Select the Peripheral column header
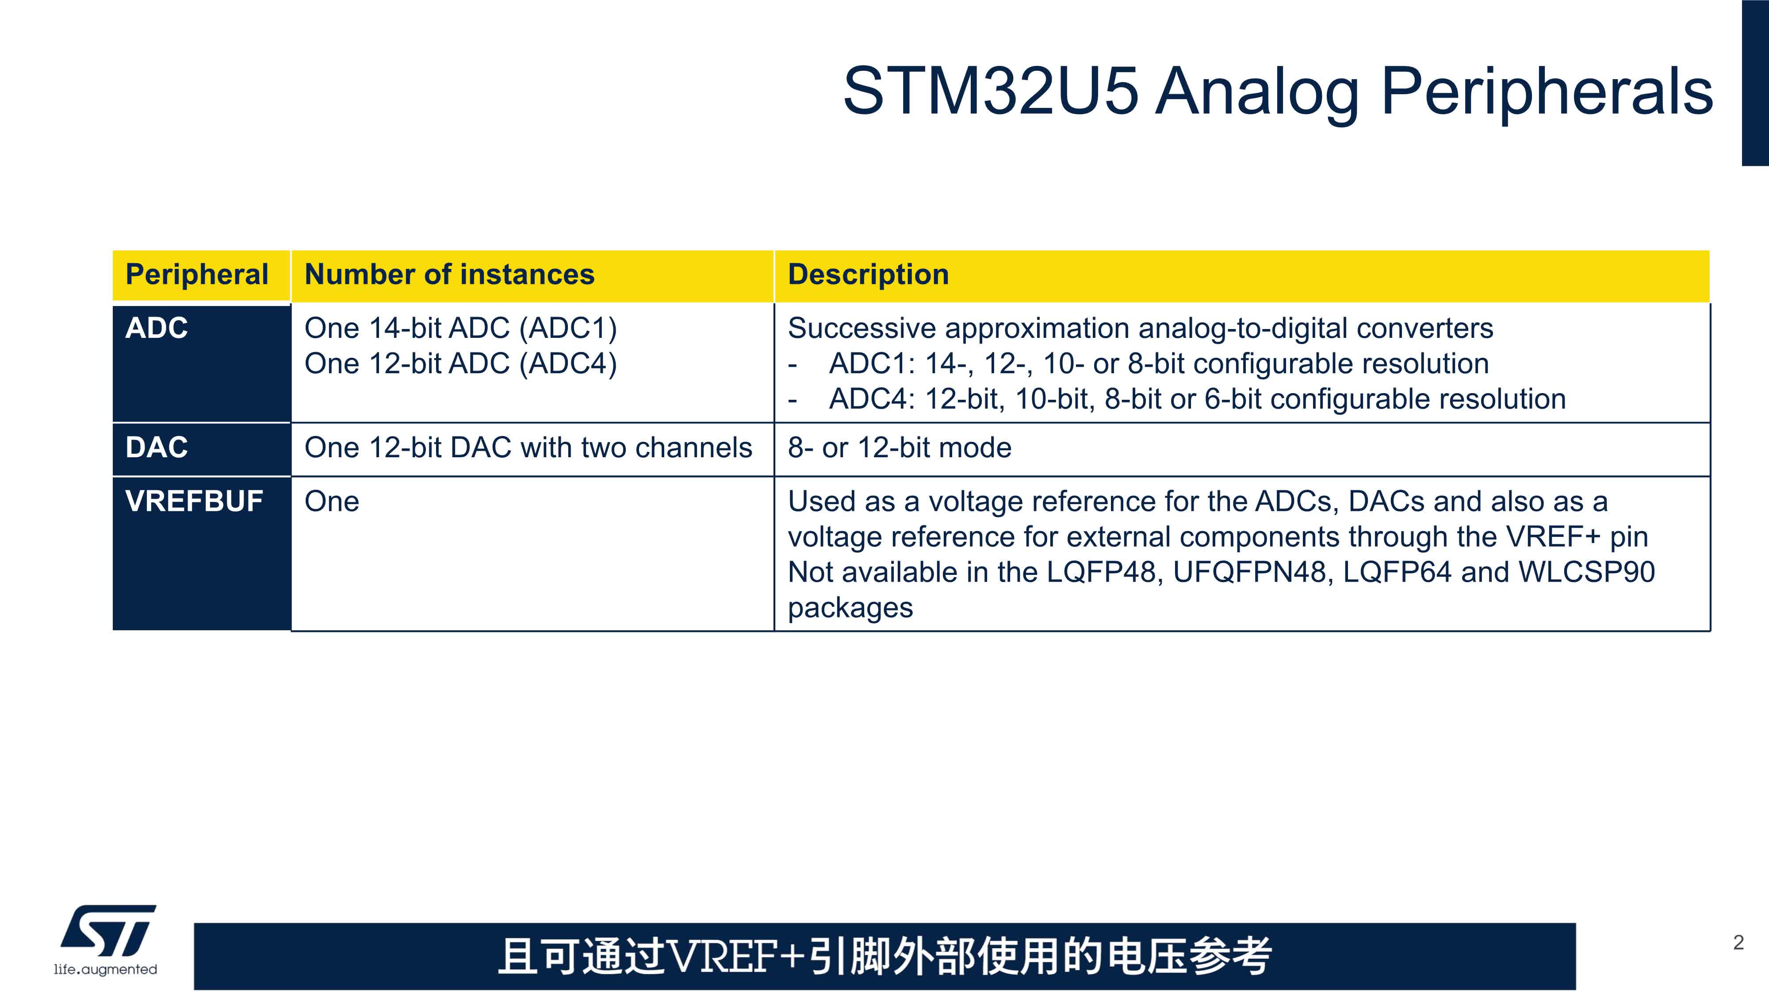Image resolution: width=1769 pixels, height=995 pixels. click(x=197, y=275)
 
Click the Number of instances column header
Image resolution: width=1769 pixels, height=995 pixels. click(x=449, y=275)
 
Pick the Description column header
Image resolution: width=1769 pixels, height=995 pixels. click(x=868, y=275)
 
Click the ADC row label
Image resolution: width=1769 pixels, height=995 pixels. click(x=157, y=328)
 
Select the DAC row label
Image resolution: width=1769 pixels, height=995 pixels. click(x=157, y=448)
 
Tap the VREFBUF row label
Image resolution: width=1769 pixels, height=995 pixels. click(x=194, y=501)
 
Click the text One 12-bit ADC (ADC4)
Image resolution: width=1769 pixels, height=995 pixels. click(x=461, y=364)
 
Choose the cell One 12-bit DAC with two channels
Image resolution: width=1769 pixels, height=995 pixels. click(x=528, y=448)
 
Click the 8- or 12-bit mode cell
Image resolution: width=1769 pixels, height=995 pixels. click(x=900, y=448)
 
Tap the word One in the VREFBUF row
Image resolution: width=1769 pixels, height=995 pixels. click(x=332, y=501)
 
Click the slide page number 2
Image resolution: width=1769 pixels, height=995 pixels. click(x=1738, y=943)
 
